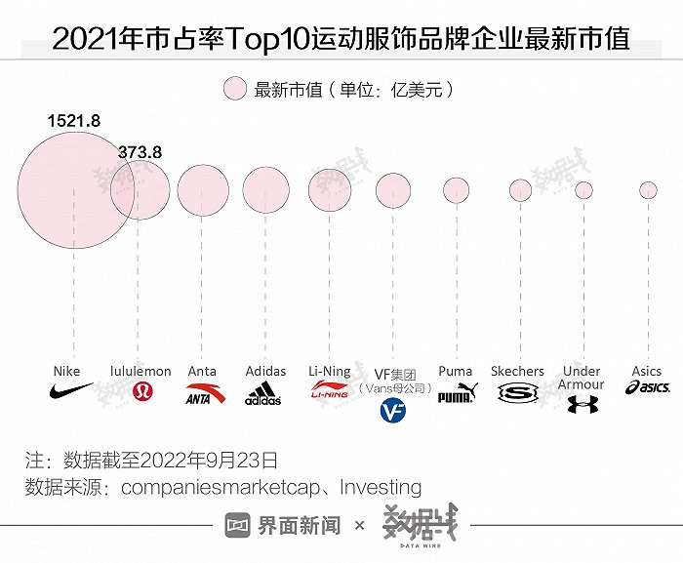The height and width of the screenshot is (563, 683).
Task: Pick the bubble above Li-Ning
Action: pos(330,189)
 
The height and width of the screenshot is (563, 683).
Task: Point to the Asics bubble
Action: pos(647,189)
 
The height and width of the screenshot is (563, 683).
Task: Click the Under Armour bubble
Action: pos(583,189)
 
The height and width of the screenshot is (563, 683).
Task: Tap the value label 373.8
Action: pos(140,152)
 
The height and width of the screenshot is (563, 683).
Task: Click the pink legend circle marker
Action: pos(234,90)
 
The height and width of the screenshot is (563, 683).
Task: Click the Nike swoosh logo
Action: pos(70,392)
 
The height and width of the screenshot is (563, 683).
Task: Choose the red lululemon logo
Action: pos(141,392)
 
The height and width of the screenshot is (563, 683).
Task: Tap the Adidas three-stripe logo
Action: pos(263,394)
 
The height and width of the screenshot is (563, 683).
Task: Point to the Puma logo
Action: pos(456,394)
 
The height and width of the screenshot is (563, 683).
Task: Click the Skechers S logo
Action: pos(517,394)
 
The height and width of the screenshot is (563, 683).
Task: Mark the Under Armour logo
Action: pos(582,404)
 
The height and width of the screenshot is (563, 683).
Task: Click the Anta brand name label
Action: pos(202,371)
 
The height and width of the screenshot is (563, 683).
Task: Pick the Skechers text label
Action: pos(517,371)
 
